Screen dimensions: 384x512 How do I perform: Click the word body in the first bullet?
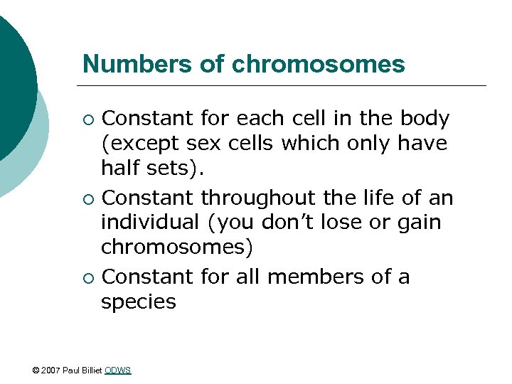(x=425, y=117)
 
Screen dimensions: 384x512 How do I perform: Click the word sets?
(x=168, y=169)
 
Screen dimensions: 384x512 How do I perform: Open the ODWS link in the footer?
(x=117, y=370)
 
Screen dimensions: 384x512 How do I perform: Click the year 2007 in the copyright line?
(x=52, y=370)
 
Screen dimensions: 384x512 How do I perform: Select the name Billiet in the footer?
(x=92, y=370)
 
